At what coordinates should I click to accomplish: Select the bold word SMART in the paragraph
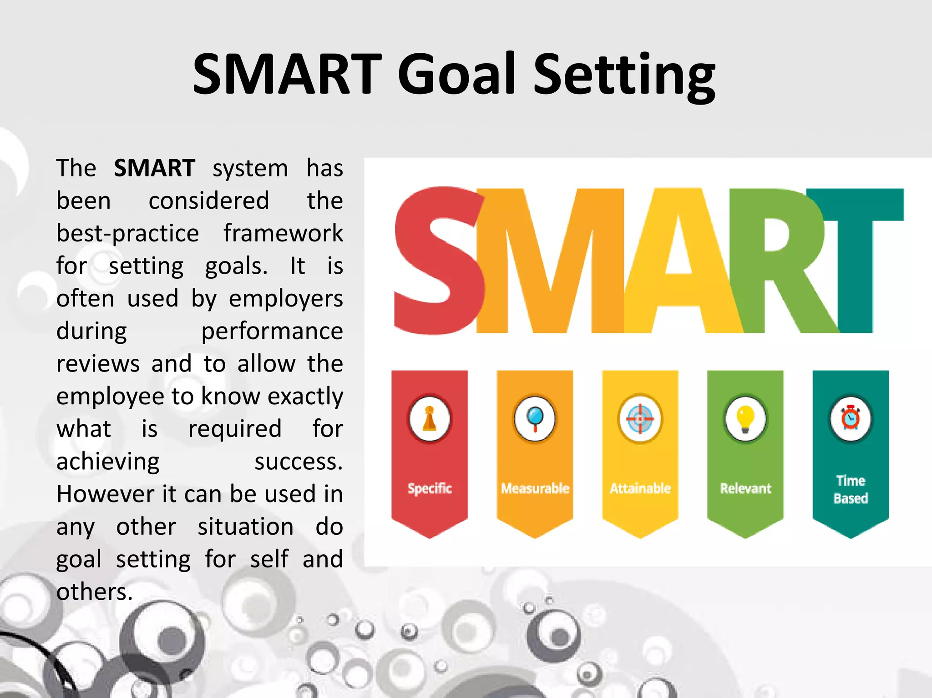click(154, 168)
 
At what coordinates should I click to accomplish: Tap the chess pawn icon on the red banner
click(430, 419)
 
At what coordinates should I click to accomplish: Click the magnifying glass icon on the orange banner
click(535, 419)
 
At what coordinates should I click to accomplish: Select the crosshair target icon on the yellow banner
click(640, 419)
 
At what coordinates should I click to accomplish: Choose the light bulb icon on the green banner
click(745, 419)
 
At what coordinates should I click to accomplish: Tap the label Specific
click(430, 488)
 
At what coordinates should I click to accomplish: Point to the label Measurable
click(535, 488)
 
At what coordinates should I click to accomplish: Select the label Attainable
click(640, 488)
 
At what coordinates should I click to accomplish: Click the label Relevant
click(745, 488)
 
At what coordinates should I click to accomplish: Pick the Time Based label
click(850, 489)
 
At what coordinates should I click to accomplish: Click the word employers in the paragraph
click(285, 299)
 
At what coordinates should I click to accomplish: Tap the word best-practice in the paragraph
click(127, 234)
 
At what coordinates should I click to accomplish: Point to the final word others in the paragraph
click(94, 592)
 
